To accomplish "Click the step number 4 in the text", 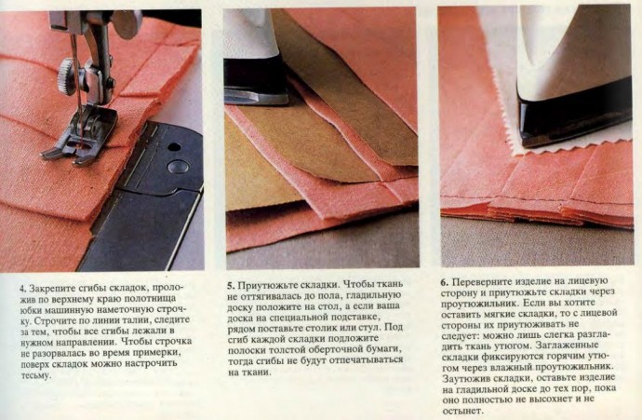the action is coord(23,288).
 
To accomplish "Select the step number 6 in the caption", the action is coord(444,282).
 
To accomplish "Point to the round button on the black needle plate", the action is coord(179,166).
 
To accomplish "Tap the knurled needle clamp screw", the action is coord(66,76).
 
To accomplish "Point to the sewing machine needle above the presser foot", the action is coord(76,82).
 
